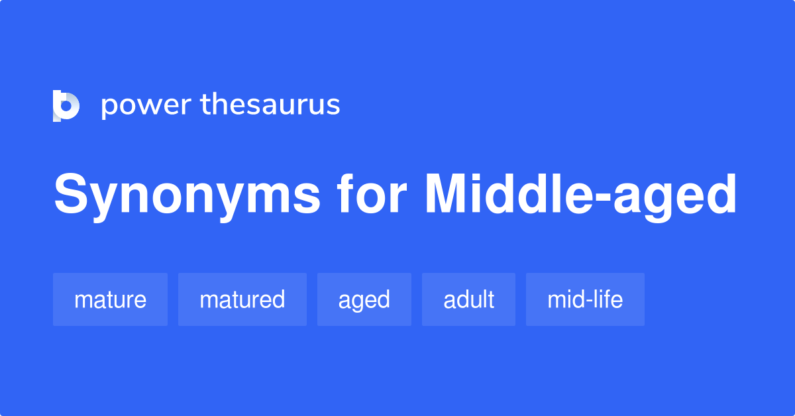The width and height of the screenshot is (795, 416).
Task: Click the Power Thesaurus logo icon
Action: pos(66,106)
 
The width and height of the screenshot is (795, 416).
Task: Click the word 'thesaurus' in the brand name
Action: pos(270,105)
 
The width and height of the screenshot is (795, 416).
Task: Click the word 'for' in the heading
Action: pos(372,195)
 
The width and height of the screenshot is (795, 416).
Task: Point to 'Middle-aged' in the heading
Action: pos(580,195)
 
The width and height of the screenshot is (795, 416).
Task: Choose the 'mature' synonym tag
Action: pos(110,299)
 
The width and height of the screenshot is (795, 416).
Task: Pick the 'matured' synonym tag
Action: pos(242,299)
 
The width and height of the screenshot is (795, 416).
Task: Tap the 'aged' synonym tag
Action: pos(364,299)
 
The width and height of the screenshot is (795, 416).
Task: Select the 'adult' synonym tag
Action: pos(468,299)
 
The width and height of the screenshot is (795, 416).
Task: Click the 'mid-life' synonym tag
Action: pos(585,299)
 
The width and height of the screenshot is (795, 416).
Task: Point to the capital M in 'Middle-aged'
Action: pos(449,195)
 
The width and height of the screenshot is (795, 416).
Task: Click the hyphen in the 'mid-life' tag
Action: pos(589,301)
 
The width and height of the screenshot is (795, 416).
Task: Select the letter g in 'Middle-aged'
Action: pos(668,201)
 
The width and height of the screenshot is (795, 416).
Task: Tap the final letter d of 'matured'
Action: pos(278,299)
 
